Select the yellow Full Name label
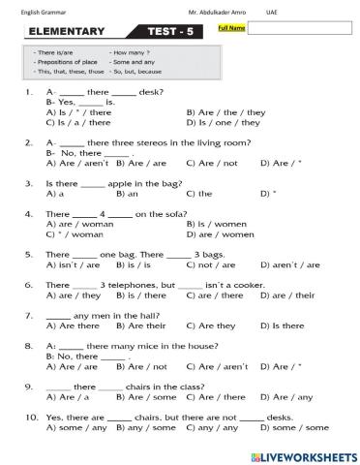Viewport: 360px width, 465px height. coord(233,28)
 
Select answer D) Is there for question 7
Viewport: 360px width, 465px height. coord(281,325)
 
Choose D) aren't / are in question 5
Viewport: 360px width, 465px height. coord(288,263)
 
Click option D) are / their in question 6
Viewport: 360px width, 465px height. coord(287,294)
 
